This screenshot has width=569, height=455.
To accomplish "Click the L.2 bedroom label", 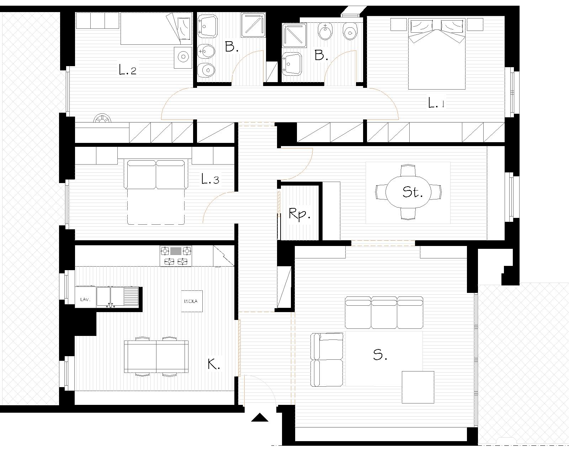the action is point(128,70).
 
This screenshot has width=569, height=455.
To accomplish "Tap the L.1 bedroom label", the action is point(436,103).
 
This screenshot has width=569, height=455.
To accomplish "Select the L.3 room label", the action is point(210,179).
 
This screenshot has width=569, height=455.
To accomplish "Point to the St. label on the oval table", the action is point(413,192).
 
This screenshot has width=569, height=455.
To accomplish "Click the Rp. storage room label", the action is point(299,214).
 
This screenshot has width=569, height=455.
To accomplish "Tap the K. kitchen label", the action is point(214,364).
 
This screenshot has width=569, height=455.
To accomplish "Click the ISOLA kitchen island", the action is point(192,301).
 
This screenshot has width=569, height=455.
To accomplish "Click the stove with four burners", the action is point(176,256).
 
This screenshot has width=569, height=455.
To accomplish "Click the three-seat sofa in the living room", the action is point(384,312).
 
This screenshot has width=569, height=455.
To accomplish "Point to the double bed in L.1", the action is point(437,54).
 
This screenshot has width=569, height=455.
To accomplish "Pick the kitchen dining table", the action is point(156,357).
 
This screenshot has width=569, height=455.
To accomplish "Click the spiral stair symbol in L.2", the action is point(102,118).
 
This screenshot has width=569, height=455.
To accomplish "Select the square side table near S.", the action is point(418,387).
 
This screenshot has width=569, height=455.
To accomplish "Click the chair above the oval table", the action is point(408,171).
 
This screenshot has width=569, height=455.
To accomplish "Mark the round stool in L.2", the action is point(183,57).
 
